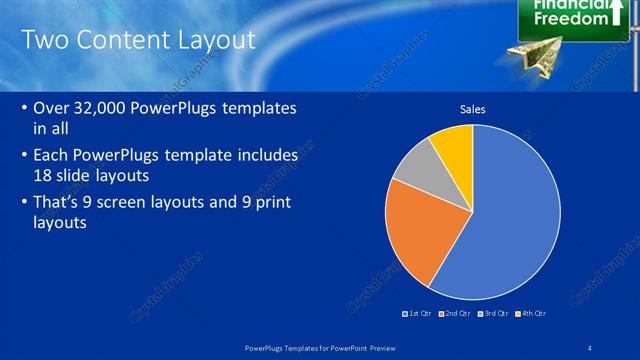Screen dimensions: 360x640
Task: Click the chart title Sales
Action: (x=472, y=109)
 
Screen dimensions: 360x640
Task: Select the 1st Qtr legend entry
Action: (x=418, y=314)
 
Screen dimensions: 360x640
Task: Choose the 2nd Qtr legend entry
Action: (x=455, y=314)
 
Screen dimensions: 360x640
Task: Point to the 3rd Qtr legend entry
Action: (x=492, y=314)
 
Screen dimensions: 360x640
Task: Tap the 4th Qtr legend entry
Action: (x=530, y=314)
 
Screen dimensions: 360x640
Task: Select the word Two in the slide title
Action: (x=44, y=40)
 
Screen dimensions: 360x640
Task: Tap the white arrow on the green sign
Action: (x=620, y=12)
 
